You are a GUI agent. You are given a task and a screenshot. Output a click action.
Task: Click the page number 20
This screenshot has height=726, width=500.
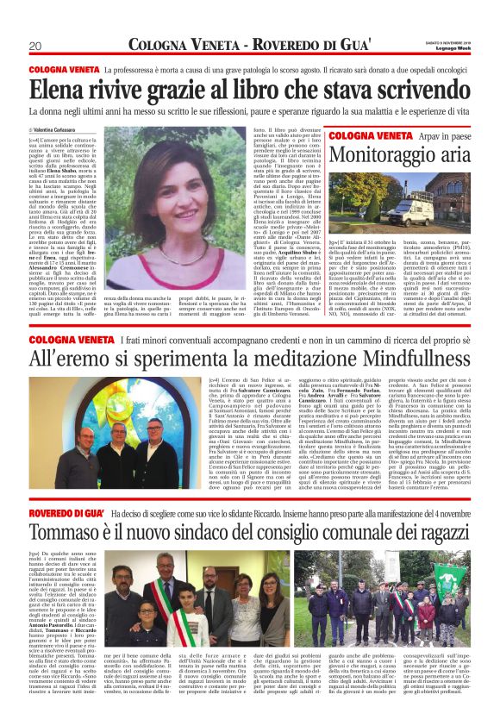click(x=35, y=45)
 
